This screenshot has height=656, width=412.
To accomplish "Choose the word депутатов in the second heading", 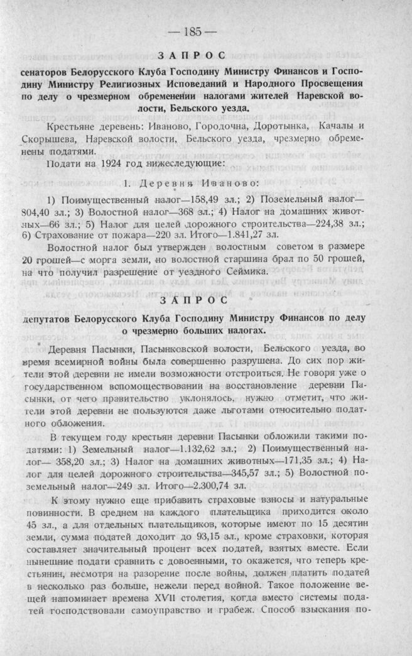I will [48, 318].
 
